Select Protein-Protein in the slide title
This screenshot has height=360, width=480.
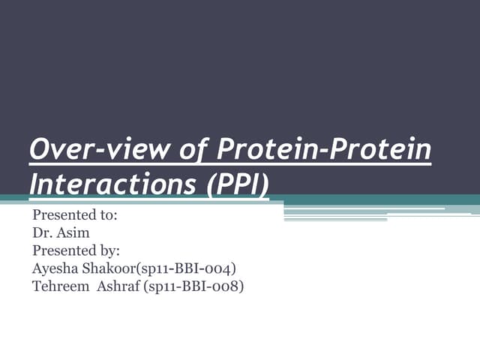pyautogui.click(x=324, y=150)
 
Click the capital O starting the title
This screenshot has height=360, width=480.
pyautogui.click(x=38, y=150)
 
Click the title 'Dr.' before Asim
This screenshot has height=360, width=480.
pyautogui.click(x=42, y=232)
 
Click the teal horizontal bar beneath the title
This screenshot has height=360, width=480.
pyautogui.click(x=375, y=199)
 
